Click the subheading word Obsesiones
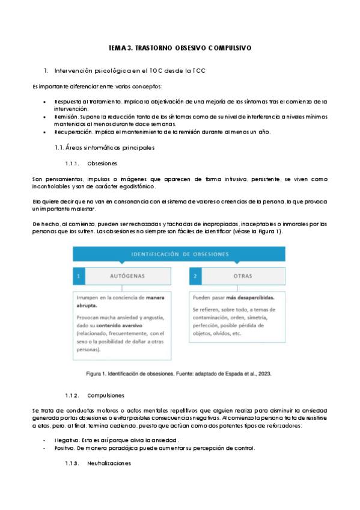tap(102, 164)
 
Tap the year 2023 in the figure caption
tap(263, 373)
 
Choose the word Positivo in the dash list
tap(65, 448)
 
